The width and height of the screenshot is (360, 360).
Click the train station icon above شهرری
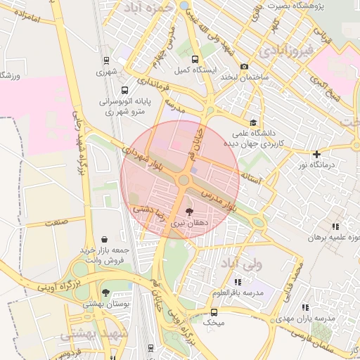(x=105, y=60)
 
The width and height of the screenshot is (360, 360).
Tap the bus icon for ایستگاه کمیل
(x=195, y=60)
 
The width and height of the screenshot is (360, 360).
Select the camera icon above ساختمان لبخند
(x=244, y=67)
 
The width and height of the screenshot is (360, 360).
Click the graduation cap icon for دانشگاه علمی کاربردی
(x=253, y=121)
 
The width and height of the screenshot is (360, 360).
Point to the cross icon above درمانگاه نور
(x=316, y=154)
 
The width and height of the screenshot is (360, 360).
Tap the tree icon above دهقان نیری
(x=188, y=211)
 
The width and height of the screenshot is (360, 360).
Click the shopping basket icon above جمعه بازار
(x=105, y=239)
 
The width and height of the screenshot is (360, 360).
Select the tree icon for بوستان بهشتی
(x=105, y=292)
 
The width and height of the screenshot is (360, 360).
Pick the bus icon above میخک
(x=214, y=312)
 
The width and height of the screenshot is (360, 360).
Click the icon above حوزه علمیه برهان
(x=335, y=226)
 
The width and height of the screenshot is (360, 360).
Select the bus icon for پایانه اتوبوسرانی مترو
(x=124, y=90)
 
